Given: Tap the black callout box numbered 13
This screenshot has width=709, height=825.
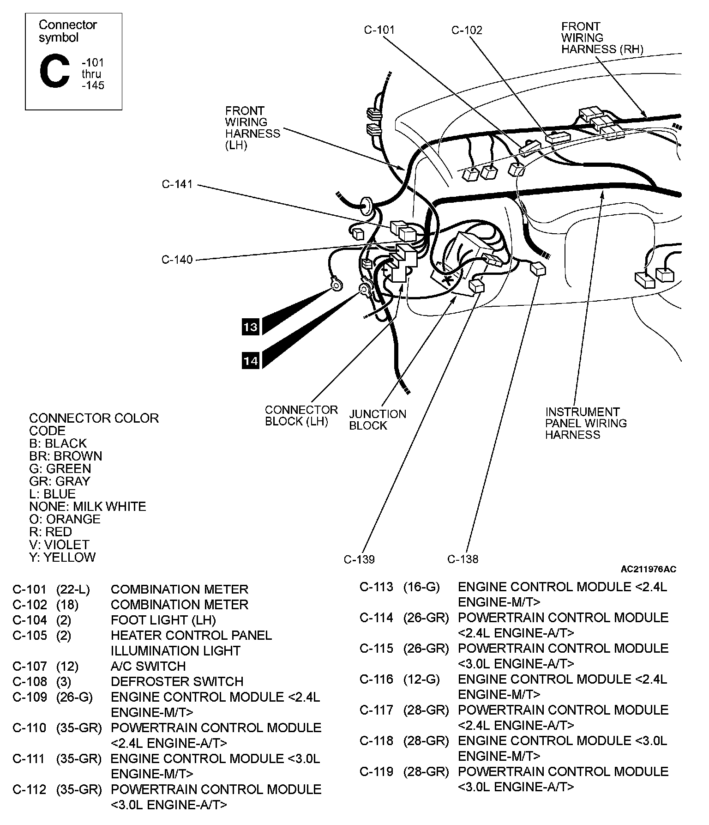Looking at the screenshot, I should pyautogui.click(x=251, y=327).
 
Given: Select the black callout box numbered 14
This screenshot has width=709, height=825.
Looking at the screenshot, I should pyautogui.click(x=251, y=360).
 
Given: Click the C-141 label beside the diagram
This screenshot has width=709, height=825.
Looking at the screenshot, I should pyautogui.click(x=177, y=184).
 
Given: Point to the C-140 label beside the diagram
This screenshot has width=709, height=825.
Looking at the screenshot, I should pyautogui.click(x=177, y=260).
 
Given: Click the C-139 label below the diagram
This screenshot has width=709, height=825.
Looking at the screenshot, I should pyautogui.click(x=359, y=559).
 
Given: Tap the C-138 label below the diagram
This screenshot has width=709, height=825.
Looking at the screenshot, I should pyautogui.click(x=463, y=559).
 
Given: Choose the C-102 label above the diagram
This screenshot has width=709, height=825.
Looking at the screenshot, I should pyautogui.click(x=467, y=30).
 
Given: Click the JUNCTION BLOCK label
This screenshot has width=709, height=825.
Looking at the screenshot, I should pyautogui.click(x=378, y=419).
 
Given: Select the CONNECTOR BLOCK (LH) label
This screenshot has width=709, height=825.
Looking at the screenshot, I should pyautogui.click(x=301, y=415).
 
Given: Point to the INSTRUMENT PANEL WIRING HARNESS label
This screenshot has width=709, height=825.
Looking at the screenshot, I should pyautogui.click(x=586, y=423).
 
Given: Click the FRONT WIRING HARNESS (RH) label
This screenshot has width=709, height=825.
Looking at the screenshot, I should pyautogui.click(x=602, y=38).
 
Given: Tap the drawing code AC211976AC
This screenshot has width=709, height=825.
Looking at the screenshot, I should pyautogui.click(x=648, y=569).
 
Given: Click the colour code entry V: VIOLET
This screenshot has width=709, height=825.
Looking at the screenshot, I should pyautogui.click(x=59, y=545).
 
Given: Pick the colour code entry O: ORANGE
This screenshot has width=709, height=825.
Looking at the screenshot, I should pyautogui.click(x=64, y=519).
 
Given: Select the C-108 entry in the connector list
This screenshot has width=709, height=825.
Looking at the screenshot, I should pyautogui.click(x=30, y=681).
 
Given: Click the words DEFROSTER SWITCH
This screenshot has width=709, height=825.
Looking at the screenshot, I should pyautogui.click(x=177, y=681).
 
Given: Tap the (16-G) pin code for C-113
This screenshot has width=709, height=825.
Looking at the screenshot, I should pyautogui.click(x=421, y=587).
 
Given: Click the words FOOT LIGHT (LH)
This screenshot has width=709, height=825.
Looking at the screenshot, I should pyautogui.click(x=163, y=620).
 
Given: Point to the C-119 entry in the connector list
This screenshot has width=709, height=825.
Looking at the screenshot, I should pyautogui.click(x=376, y=771).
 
